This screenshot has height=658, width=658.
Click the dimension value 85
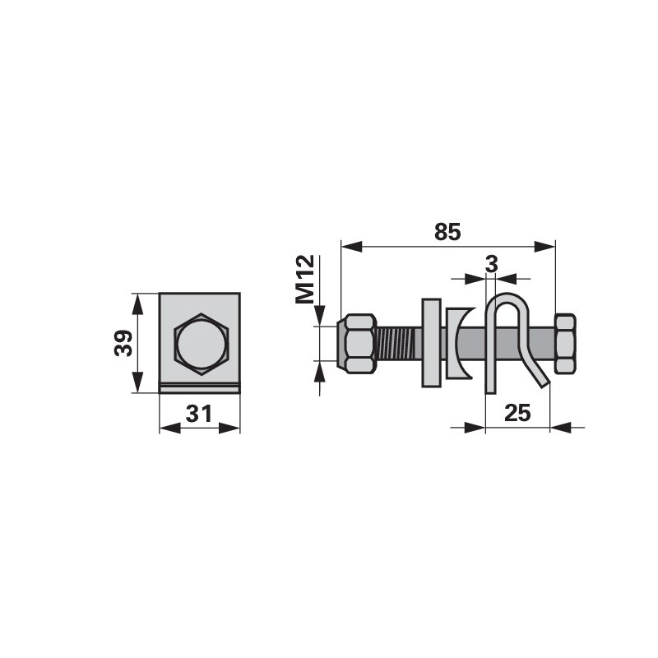click(447, 232)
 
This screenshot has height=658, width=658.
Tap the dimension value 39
click(123, 343)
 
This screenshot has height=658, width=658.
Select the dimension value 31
click(199, 414)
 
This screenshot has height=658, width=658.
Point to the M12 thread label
click(305, 279)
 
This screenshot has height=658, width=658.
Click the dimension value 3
click(491, 264)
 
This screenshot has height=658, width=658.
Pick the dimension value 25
click(517, 413)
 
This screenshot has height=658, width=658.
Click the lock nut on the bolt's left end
click(356, 343)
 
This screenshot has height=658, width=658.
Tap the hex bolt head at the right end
click(565, 343)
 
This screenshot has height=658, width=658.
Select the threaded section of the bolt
click(395, 343)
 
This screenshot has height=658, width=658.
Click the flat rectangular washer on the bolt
click(431, 342)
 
